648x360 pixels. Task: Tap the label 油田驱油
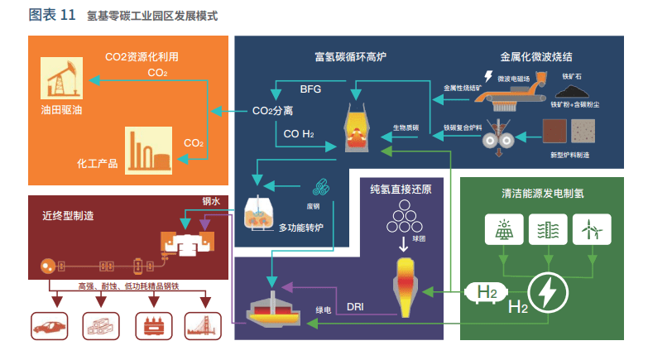60,108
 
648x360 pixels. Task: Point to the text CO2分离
273,110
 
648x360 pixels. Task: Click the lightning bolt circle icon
547,291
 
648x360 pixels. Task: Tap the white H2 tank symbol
486,291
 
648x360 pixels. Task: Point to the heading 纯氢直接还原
401,189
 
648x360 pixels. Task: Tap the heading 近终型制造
68,216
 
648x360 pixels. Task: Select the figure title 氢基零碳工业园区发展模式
152,16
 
